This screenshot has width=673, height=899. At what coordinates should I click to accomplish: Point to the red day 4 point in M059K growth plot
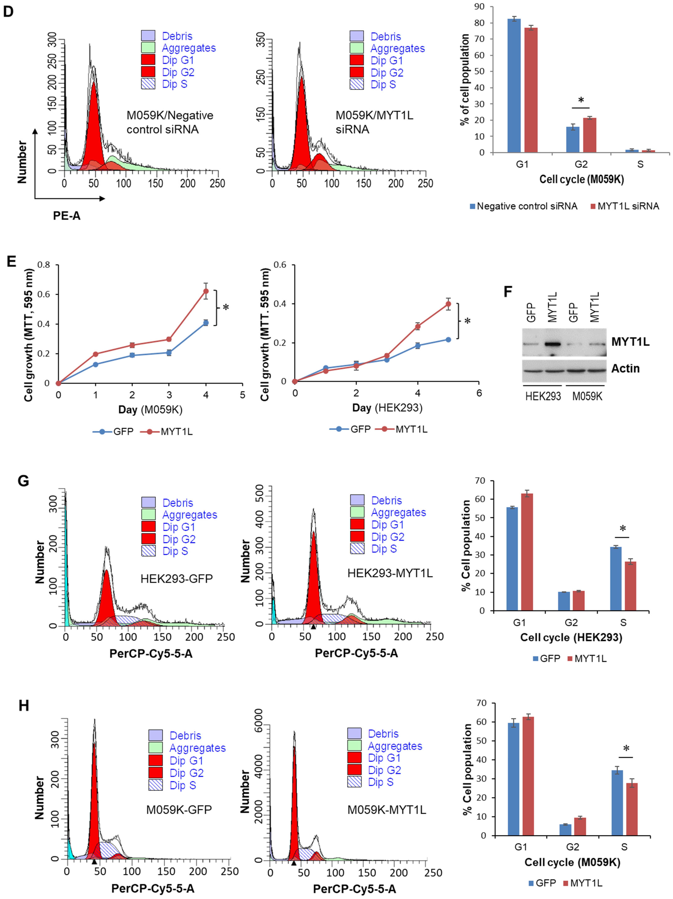pyautogui.click(x=206, y=291)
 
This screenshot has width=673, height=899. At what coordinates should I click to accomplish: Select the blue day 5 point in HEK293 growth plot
pyautogui.click(x=448, y=339)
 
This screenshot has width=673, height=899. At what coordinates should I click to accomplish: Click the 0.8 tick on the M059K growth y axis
pyautogui.click(x=44, y=265)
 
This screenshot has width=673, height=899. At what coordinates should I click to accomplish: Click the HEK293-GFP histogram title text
pyautogui.click(x=177, y=578)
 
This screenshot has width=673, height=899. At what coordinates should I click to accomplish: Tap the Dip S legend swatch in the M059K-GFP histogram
pyautogui.click(x=155, y=785)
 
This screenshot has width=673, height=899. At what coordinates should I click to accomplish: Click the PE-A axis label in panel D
pyautogui.click(x=67, y=216)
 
